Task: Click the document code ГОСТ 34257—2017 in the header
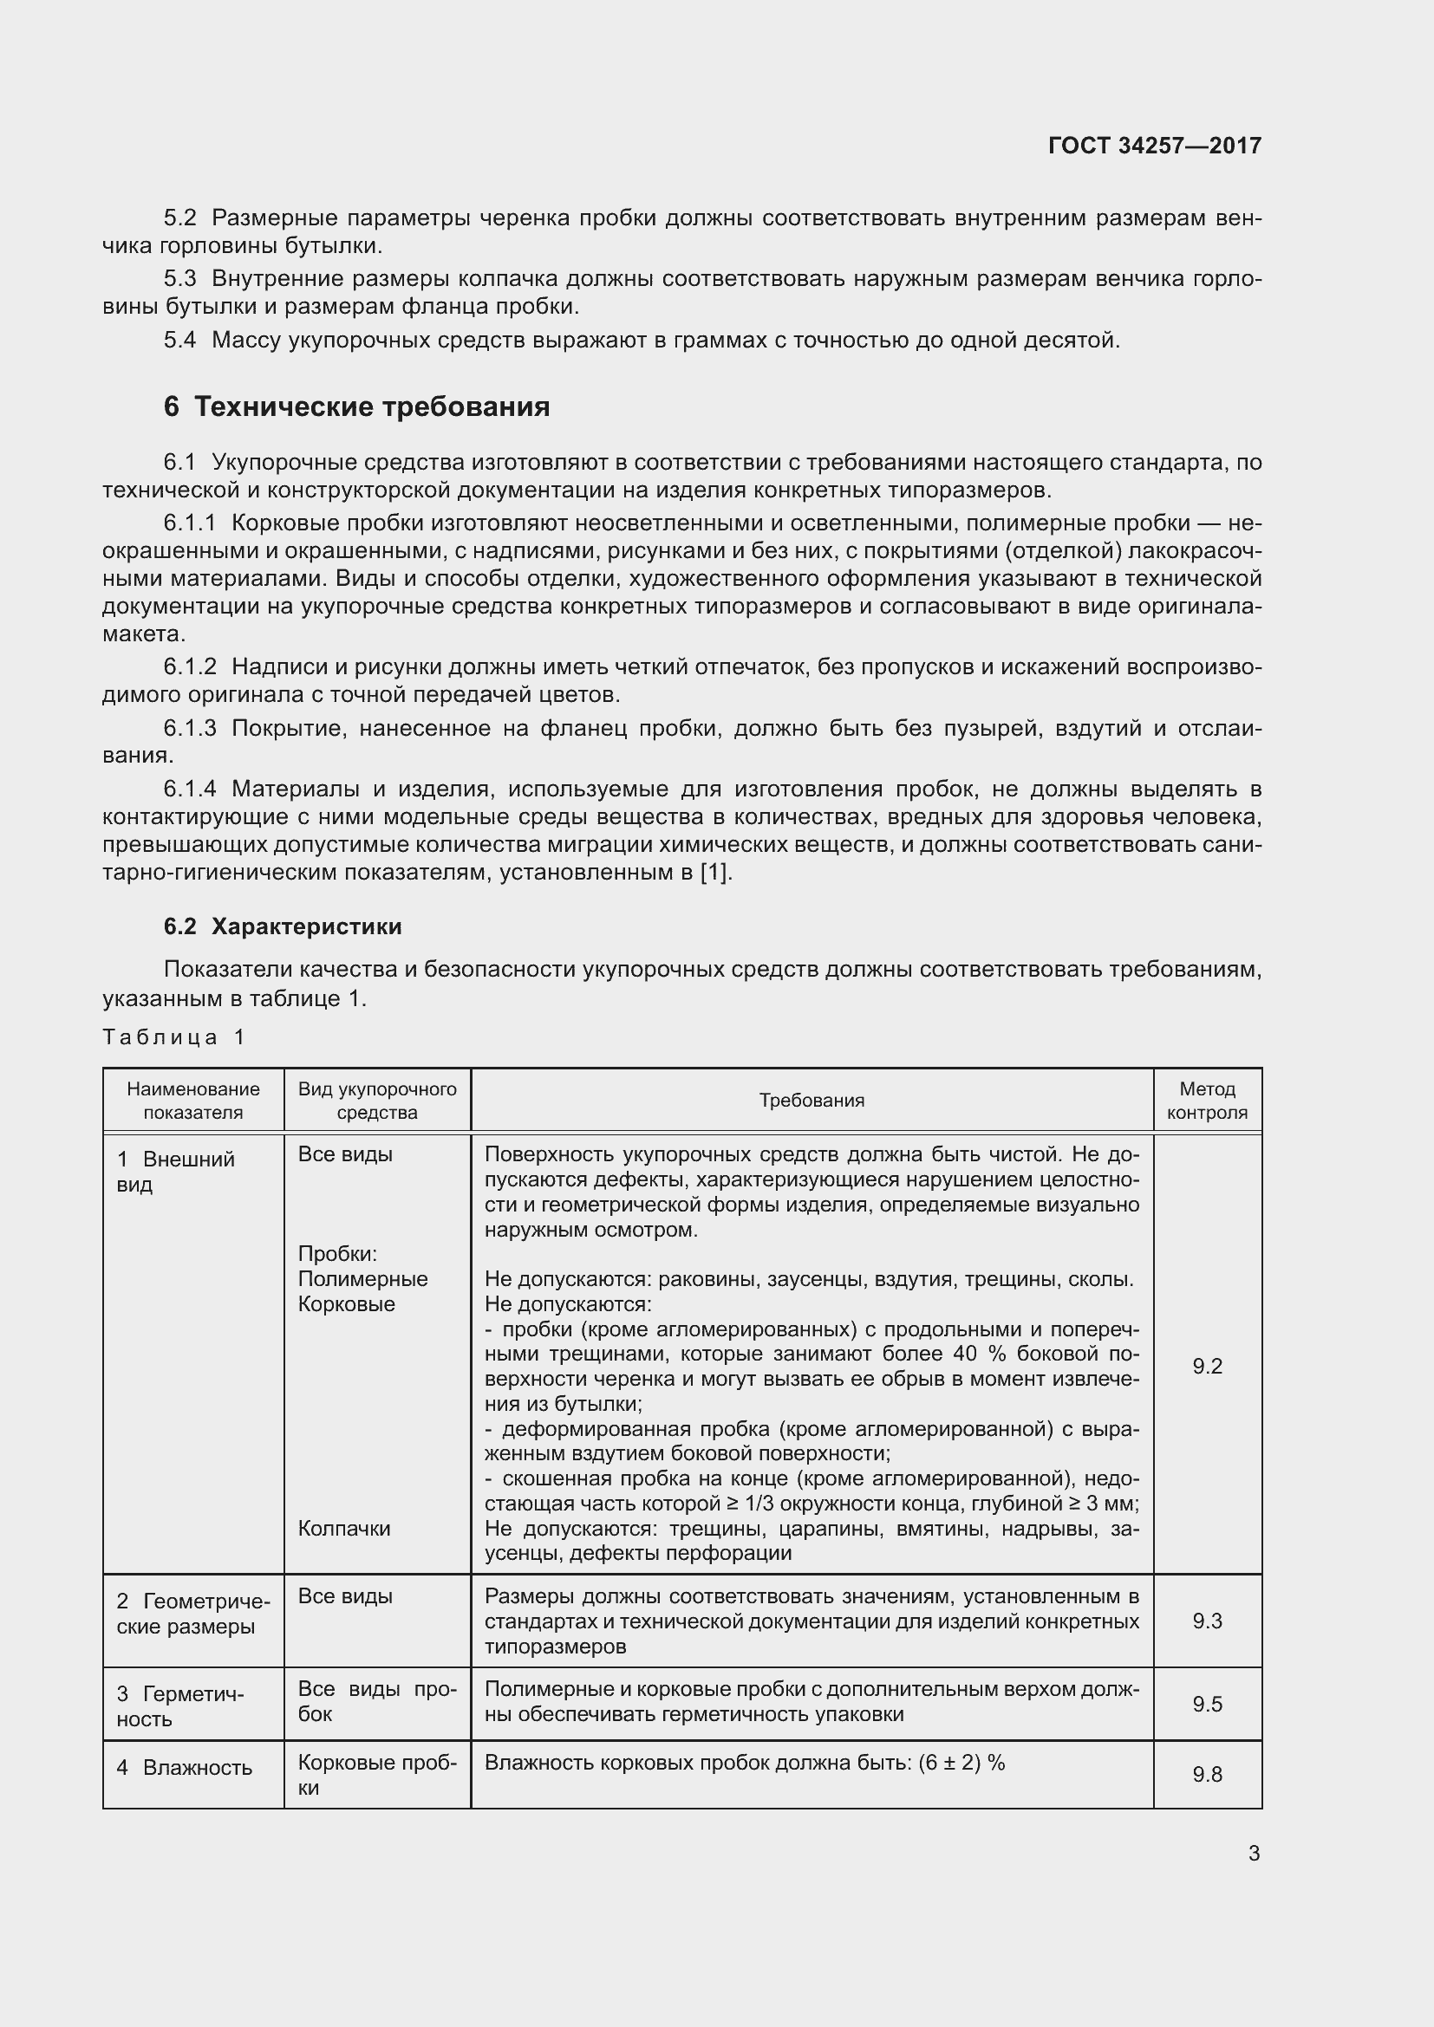[1154, 146]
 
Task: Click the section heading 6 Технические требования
[356, 407]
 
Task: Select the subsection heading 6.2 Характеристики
[283, 926]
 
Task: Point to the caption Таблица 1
[173, 1036]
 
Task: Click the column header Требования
[812, 1100]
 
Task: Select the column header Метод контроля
[1207, 1100]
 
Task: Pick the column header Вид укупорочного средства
[377, 1100]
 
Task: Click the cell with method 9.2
[1207, 1367]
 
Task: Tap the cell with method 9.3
[1207, 1621]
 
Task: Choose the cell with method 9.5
[1207, 1704]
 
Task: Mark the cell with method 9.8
[1207, 1775]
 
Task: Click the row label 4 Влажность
[185, 1767]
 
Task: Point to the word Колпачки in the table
[344, 1528]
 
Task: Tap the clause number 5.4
[179, 341]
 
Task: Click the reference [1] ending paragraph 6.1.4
[714, 874]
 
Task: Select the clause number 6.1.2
[190, 667]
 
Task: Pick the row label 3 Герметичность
[180, 1705]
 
